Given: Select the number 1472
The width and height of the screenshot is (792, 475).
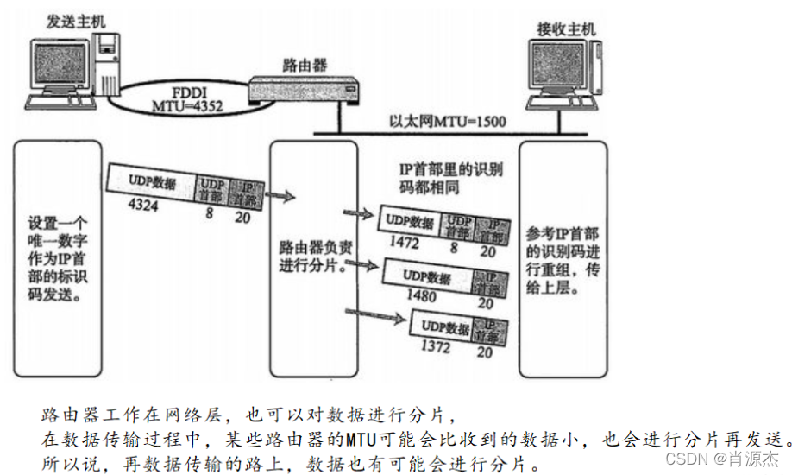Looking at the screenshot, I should [x=404, y=243].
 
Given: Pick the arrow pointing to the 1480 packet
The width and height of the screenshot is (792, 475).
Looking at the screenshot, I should [x=361, y=261].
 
